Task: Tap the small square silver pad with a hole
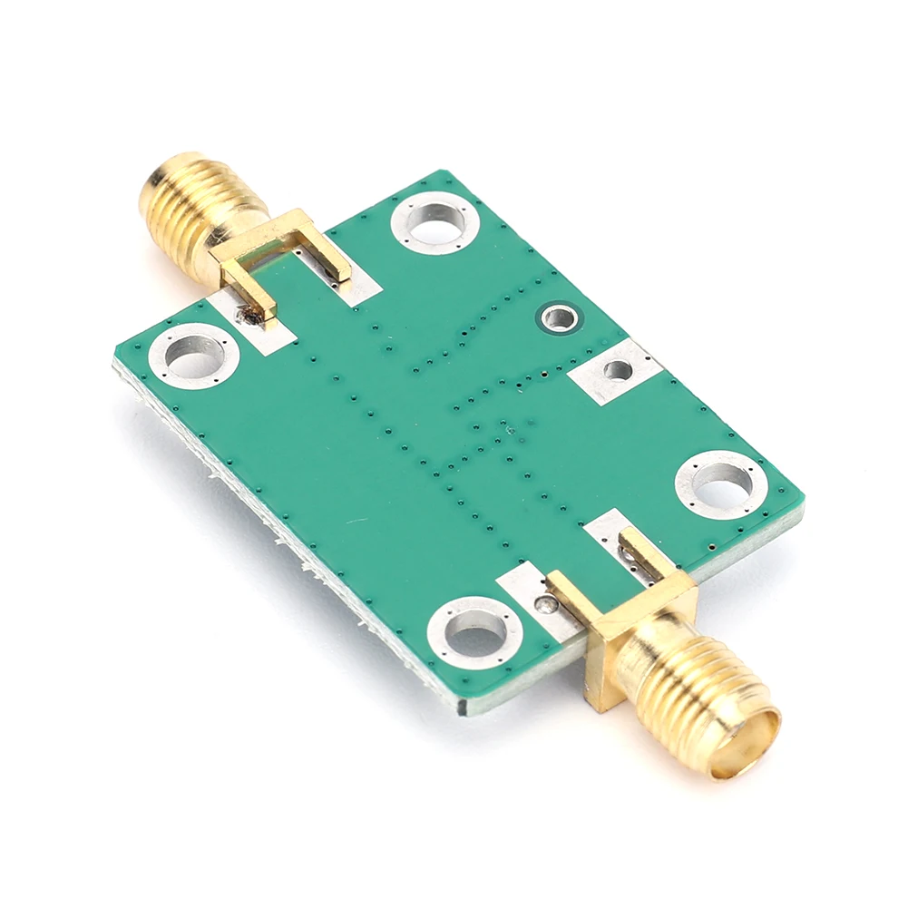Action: [617, 370]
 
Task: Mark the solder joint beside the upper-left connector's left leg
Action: [243, 316]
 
